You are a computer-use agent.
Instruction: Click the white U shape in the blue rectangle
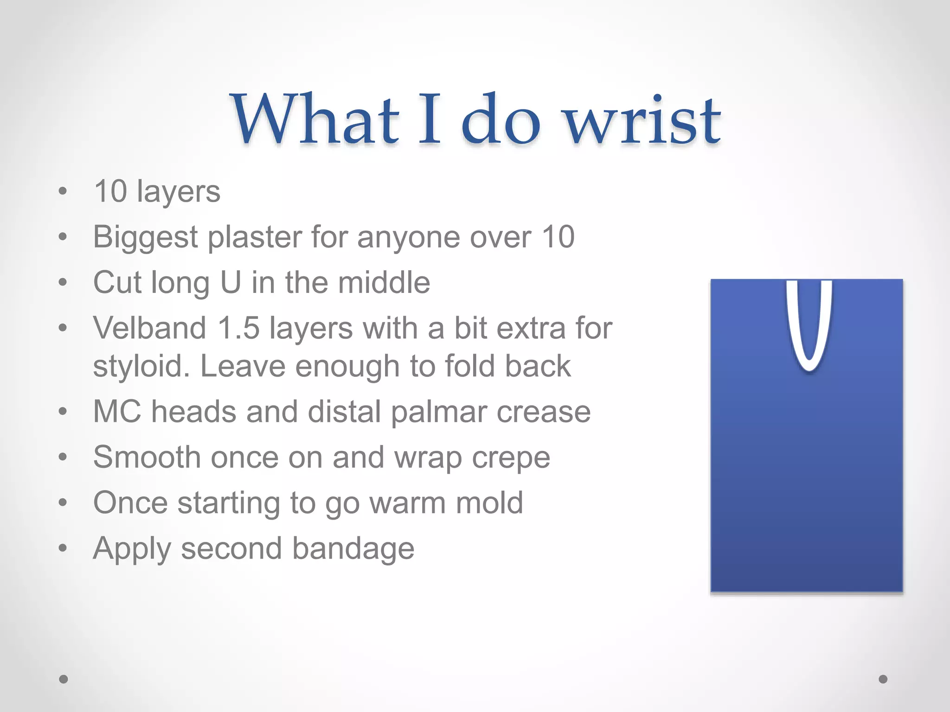[809, 324]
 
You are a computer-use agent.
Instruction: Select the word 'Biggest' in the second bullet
[146, 237]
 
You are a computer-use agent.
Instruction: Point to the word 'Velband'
[149, 328]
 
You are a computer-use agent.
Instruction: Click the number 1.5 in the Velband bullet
[238, 328]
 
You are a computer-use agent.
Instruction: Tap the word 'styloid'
[141, 366]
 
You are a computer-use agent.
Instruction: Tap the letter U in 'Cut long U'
[231, 282]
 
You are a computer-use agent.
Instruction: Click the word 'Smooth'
[147, 458]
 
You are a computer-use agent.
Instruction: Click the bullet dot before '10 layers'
[63, 191]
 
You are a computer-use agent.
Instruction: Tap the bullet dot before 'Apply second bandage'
[63, 548]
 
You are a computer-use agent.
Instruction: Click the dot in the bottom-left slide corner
[64, 679]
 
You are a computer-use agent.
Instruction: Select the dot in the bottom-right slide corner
[883, 679]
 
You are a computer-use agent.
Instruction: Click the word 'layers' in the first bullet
[178, 191]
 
